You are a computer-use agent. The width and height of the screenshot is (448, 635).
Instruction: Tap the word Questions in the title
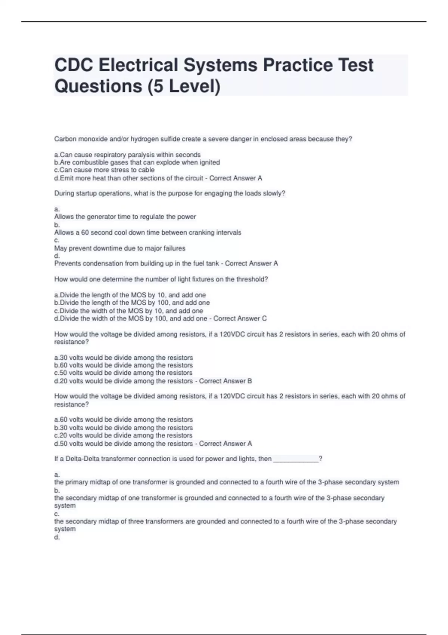[x=98, y=86]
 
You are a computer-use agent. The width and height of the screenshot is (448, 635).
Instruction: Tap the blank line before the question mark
[x=296, y=459]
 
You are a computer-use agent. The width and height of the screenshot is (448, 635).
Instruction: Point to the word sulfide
[x=170, y=139]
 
